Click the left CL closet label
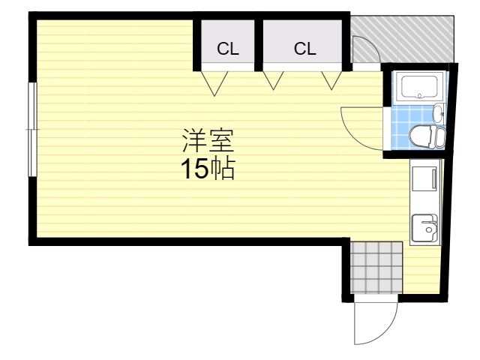pyautogui.click(x=227, y=49)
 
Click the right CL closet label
pyautogui.click(x=304, y=49)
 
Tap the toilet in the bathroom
pyautogui.click(x=427, y=136)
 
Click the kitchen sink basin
pyautogui.click(x=425, y=226)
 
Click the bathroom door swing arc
pyautogui.click(x=360, y=124)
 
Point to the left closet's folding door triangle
pyautogui.click(x=215, y=83)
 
